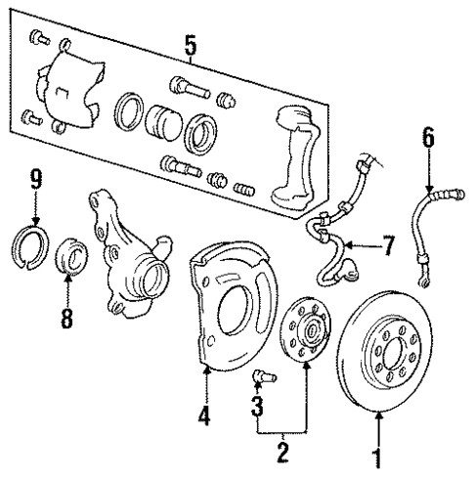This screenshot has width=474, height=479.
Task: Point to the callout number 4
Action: pyautogui.click(x=204, y=415)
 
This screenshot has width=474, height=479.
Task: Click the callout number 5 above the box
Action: pyautogui.click(x=190, y=44)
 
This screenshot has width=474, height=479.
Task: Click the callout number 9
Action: pyautogui.click(x=35, y=179)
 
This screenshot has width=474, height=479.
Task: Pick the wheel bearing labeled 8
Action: pyautogui.click(x=71, y=255)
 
